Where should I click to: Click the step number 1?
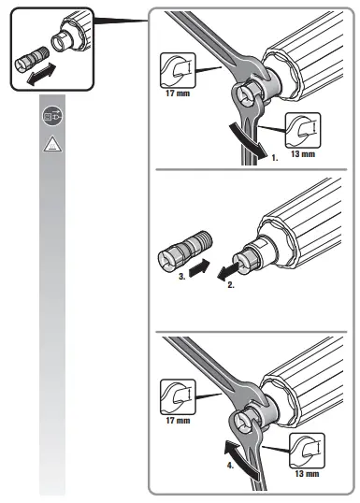[x=272, y=161]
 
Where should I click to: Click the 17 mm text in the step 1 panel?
[x=174, y=93]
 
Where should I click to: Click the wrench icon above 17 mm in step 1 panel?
[x=174, y=71]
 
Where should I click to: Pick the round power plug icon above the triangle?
[x=50, y=116]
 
